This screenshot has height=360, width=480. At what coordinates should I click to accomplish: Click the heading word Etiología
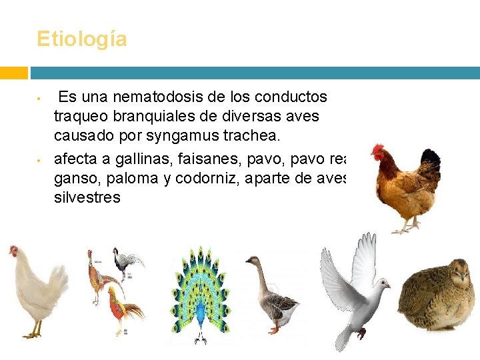click(x=81, y=39)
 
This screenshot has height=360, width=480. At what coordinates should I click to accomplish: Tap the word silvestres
click(x=87, y=197)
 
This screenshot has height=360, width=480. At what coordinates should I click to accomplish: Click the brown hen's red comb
click(x=378, y=150)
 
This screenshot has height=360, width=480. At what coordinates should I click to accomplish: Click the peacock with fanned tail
click(x=200, y=293)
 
